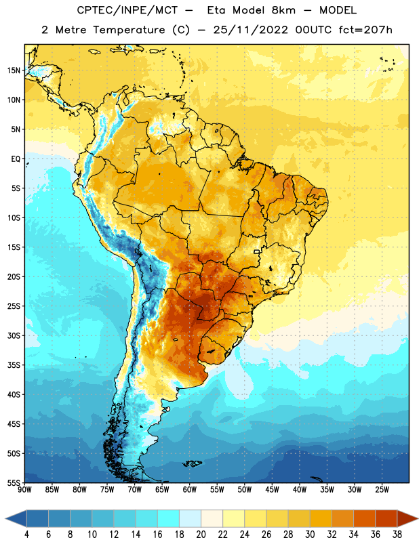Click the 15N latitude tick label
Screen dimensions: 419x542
pyautogui.click(x=14, y=70)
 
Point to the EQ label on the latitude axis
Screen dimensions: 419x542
pyautogui.click(x=16, y=159)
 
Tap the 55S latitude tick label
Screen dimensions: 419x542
pyautogui.click(x=14, y=483)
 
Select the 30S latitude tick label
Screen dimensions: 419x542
pyautogui.click(x=14, y=335)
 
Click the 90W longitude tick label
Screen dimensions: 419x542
pyautogui.click(x=25, y=489)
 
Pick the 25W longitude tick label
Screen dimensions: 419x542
pyautogui.click(x=382, y=489)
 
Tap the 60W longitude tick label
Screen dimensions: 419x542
pyautogui.click(x=190, y=489)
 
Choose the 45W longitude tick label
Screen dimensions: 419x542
pyautogui.click(x=272, y=489)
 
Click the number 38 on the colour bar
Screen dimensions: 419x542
pyautogui.click(x=397, y=534)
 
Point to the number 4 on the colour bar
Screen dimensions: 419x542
pyautogui.click(x=26, y=534)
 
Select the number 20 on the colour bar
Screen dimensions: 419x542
pyautogui.click(x=201, y=534)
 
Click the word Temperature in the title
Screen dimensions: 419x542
pyautogui.click(x=129, y=30)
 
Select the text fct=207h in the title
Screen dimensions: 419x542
pyautogui.click(x=365, y=30)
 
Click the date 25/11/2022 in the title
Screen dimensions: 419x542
pyautogui.click(x=250, y=30)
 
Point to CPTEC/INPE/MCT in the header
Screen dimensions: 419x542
pyautogui.click(x=127, y=10)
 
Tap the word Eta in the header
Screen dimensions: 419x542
pyautogui.click(x=216, y=10)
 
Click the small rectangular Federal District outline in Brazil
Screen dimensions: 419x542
pyautogui.click(x=257, y=251)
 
